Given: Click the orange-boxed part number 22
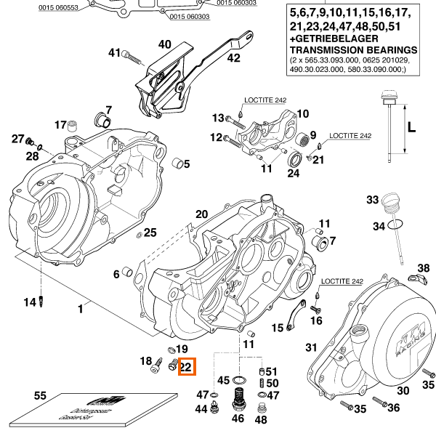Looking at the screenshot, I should [185, 368].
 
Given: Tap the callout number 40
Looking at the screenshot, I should [165, 44].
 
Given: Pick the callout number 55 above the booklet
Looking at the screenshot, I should [40, 396].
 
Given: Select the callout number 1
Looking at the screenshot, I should [81, 309].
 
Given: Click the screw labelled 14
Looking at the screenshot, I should [43, 302].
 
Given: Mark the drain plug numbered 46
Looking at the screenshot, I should [238, 399].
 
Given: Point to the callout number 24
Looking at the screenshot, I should [293, 173].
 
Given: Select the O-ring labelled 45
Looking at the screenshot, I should [238, 380].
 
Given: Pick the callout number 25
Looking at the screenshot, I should [150, 233].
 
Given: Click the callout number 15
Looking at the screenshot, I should [278, 328].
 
